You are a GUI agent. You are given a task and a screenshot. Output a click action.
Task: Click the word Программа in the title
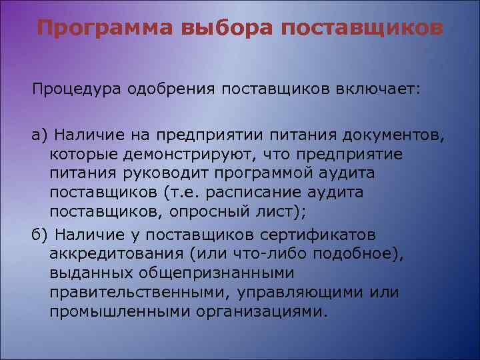pos(97,29)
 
